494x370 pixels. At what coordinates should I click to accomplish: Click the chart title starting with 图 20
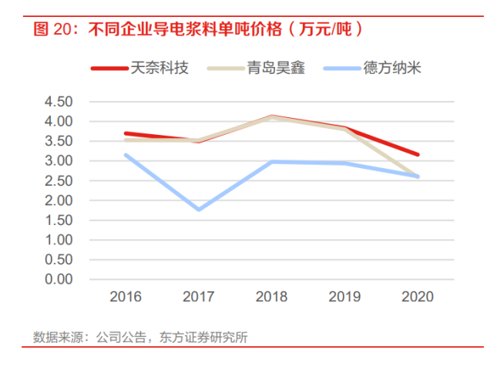pyautogui.click(x=197, y=30)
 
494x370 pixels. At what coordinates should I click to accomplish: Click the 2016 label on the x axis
pyautogui.click(x=126, y=297)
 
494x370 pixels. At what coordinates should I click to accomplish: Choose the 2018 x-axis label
pyautogui.click(x=272, y=297)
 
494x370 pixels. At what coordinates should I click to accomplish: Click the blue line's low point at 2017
pyautogui.click(x=199, y=209)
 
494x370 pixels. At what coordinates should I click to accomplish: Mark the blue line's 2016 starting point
pyautogui.click(x=126, y=155)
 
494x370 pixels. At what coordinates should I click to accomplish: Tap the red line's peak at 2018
pyautogui.click(x=272, y=116)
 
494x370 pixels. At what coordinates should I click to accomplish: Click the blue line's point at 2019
pyautogui.click(x=345, y=163)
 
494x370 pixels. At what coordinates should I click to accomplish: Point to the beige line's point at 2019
pyautogui.click(x=345, y=129)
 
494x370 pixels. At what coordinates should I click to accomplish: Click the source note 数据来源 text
pyautogui.click(x=140, y=337)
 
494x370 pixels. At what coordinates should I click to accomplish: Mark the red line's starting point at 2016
pyautogui.click(x=126, y=133)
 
